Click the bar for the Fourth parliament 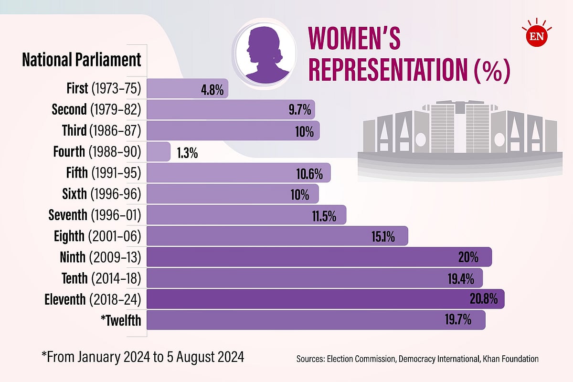point(159,152)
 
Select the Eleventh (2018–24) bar point(325,299)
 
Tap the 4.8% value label point(212,89)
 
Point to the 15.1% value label point(383,236)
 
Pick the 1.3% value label point(187,153)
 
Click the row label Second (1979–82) point(96,110)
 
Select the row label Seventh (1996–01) point(95,215)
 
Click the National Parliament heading point(82,60)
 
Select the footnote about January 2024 point(143,357)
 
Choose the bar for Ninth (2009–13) point(319,257)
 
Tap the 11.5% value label point(324,215)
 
